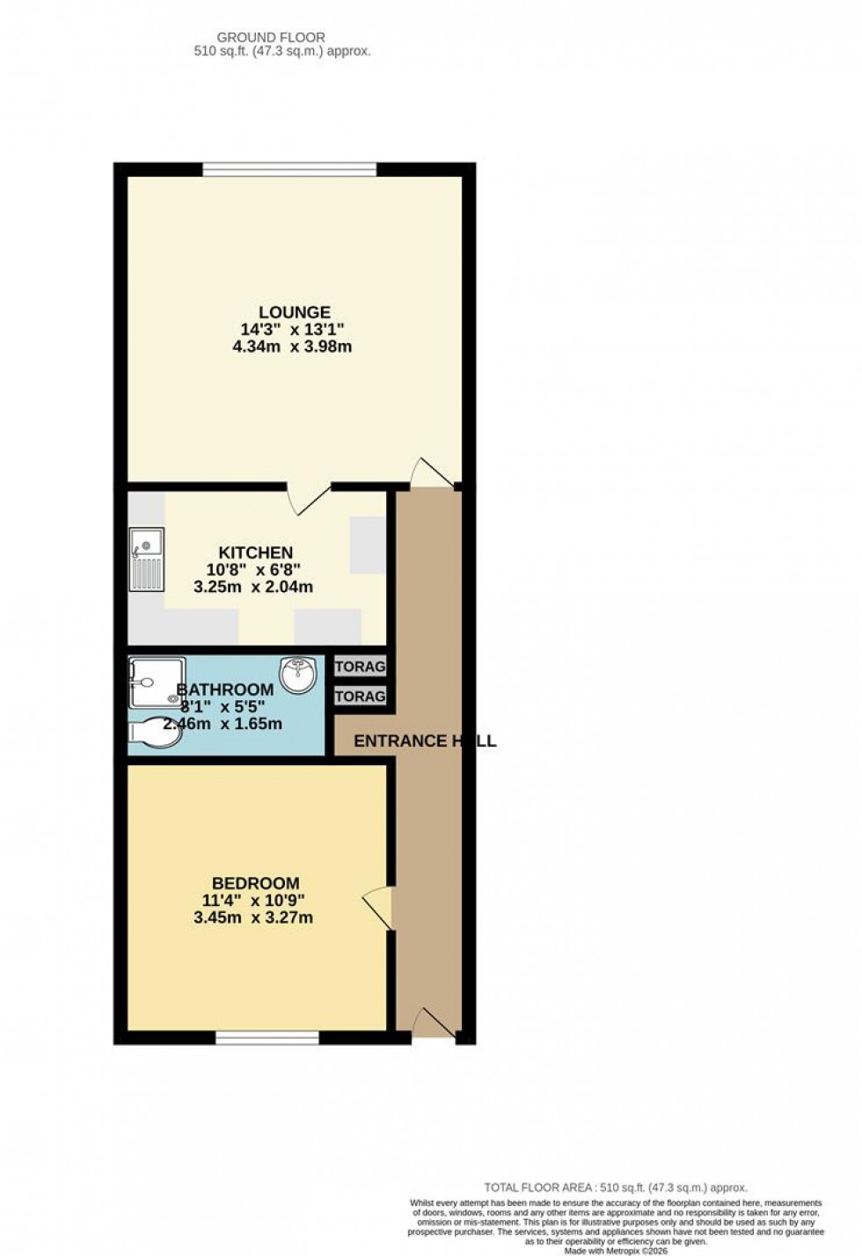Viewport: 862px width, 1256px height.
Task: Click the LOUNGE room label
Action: coord(295,312)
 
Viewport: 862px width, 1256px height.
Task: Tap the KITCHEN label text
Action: coord(255,552)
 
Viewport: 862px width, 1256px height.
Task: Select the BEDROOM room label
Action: coord(255,883)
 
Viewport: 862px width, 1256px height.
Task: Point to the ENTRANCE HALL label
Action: coord(424,741)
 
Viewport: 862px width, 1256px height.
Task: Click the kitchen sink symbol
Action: coord(146,559)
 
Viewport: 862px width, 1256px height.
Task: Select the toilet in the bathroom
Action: coord(155,732)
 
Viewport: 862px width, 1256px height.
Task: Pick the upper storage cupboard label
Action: coord(360,667)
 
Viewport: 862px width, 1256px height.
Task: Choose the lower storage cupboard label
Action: coord(360,696)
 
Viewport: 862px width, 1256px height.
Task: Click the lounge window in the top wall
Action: coord(289,169)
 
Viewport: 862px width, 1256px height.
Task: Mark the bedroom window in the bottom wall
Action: coord(267,1038)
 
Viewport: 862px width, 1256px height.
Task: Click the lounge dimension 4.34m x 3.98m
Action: coord(292,347)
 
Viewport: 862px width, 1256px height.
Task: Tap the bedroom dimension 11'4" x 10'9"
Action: coord(253,901)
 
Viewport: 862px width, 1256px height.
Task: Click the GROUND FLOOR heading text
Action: coord(271,38)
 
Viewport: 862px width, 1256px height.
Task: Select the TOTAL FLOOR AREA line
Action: coord(616,1187)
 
